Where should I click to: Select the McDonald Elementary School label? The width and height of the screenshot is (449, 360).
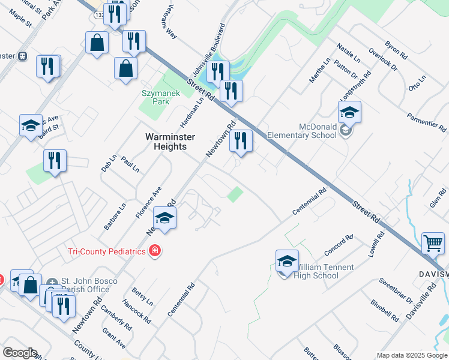(319, 131)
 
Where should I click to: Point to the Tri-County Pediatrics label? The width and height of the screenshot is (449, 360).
(107, 251)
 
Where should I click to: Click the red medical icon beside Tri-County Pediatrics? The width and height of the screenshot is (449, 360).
(155, 251)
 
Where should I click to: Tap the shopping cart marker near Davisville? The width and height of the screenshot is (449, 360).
(433, 243)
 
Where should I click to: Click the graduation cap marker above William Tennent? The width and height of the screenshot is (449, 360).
(288, 260)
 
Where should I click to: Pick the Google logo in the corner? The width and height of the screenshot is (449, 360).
(20, 353)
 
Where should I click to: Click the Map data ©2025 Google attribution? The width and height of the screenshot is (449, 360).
(412, 355)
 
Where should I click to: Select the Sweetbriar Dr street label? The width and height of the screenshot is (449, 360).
(396, 291)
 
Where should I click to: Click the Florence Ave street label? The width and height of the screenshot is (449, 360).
(148, 202)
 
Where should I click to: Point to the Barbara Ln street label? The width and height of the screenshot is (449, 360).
(115, 216)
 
